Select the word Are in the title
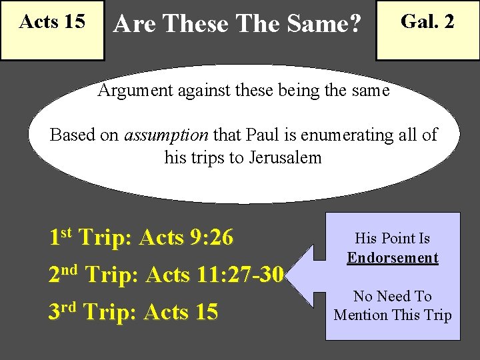click(x=135, y=25)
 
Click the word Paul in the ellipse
click(x=264, y=135)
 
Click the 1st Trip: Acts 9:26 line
click(x=141, y=237)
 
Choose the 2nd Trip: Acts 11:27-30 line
click(x=166, y=274)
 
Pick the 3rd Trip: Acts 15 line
click(x=133, y=311)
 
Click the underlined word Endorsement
click(x=393, y=258)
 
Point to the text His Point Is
click(x=393, y=239)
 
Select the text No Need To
click(x=393, y=296)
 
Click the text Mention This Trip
click(x=393, y=315)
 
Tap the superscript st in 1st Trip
click(x=66, y=231)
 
